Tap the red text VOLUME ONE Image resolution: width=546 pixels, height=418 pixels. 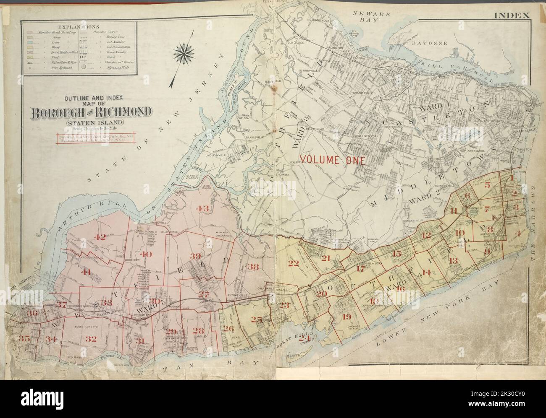[x=330, y=160]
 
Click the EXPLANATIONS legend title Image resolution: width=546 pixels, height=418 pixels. [x=79, y=24]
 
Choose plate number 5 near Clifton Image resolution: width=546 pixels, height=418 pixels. [x=487, y=185]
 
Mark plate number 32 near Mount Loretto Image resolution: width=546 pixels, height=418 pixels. [x=91, y=339]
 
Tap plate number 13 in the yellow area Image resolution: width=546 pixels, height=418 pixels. [x=452, y=260]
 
